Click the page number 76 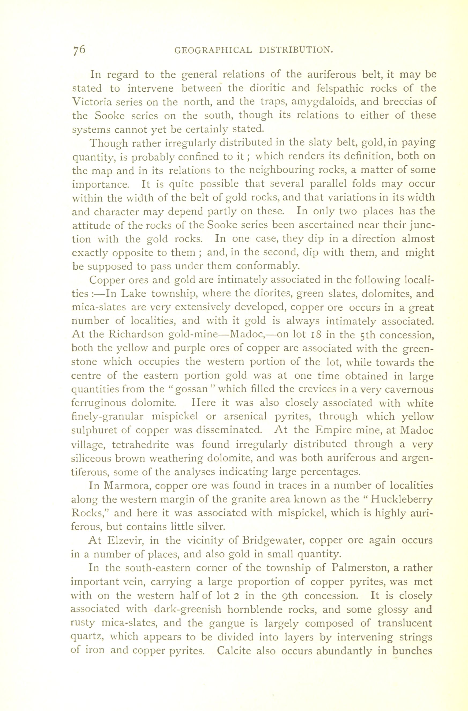click(79, 49)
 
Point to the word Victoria click(95, 102)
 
